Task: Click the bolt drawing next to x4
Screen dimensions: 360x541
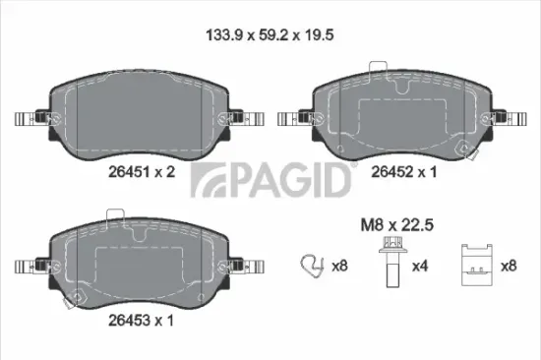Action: click(x=391, y=263)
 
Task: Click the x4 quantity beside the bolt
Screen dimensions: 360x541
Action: click(x=419, y=266)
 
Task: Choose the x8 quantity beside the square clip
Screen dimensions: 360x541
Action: click(x=509, y=266)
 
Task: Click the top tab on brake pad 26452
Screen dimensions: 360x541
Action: click(x=375, y=71)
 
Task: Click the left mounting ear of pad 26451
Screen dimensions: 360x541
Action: click(x=29, y=120)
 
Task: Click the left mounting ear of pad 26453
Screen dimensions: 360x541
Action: click(x=29, y=267)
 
